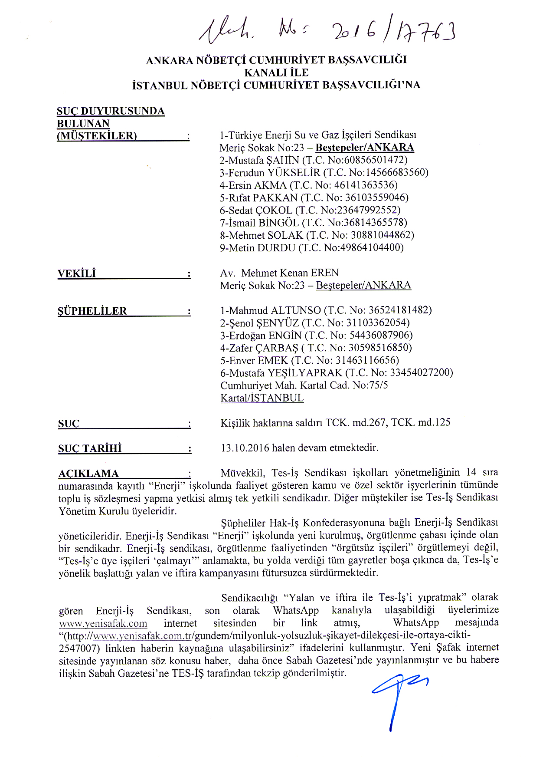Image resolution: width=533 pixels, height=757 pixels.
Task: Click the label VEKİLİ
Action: [x=77, y=273]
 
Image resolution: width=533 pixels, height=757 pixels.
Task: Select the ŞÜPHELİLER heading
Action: [x=92, y=311]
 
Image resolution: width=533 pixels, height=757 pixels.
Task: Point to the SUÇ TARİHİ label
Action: [x=90, y=448]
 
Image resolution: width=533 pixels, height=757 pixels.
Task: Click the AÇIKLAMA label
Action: [x=88, y=473]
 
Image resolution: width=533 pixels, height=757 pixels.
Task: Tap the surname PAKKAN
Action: [x=275, y=198]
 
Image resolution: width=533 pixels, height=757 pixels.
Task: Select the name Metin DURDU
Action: [x=262, y=248]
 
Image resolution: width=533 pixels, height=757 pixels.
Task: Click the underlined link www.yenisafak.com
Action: [x=103, y=624]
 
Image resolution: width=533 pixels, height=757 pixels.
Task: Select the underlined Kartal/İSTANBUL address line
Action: [x=262, y=398]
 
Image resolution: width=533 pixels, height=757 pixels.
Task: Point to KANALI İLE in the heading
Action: [x=276, y=72]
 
